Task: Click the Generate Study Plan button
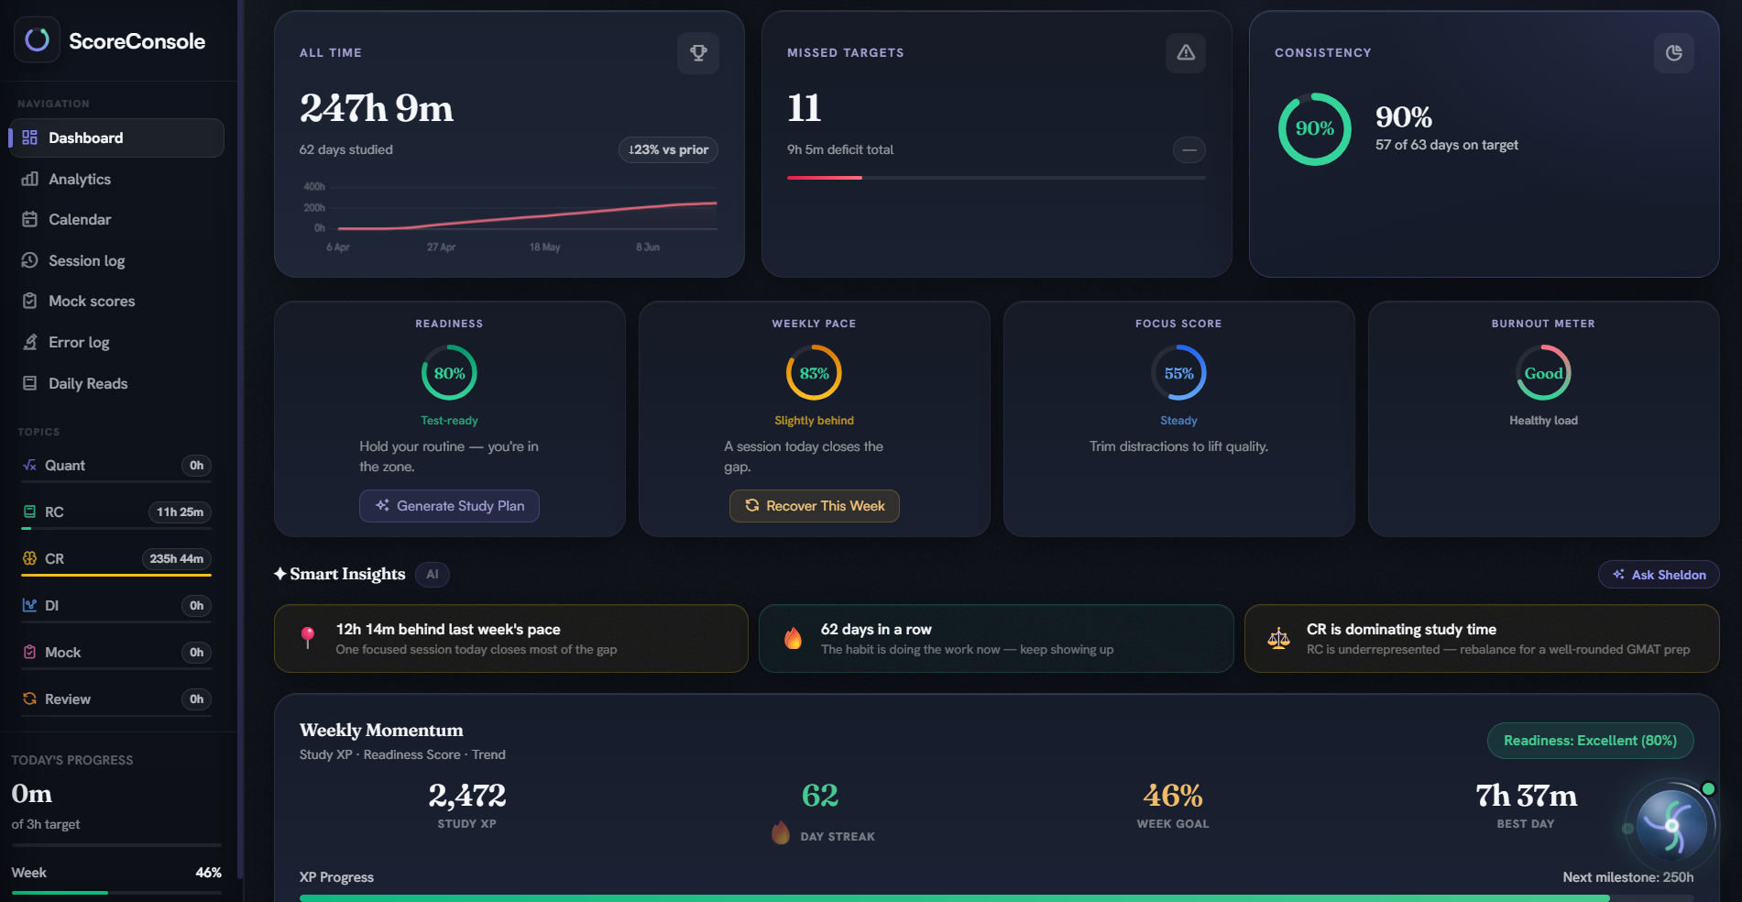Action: [449, 506]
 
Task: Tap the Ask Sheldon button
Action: [1659, 575]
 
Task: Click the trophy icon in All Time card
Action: [698, 53]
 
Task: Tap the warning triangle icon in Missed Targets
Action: [1186, 53]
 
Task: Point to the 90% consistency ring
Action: [1315, 93]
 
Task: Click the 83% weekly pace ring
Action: [814, 346]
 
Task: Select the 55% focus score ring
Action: [1178, 346]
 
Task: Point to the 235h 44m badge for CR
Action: [177, 559]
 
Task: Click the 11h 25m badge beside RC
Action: [180, 512]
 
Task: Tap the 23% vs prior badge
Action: [668, 149]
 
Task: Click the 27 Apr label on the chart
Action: [441, 247]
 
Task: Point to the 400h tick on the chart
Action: [314, 187]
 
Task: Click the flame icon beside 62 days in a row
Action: [794, 638]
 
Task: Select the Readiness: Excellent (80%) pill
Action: [1590, 741]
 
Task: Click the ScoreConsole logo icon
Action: [37, 39]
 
